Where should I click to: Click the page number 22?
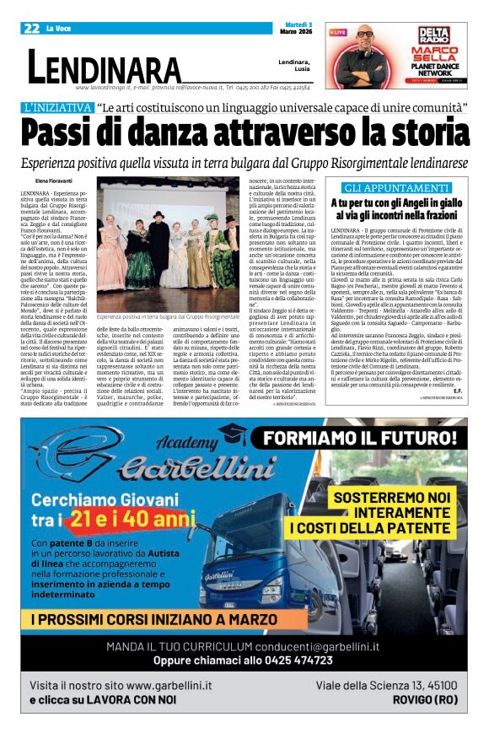31,28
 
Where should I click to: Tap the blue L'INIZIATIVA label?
57,108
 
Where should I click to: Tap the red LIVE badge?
337,32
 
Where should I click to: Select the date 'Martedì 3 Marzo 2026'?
296,28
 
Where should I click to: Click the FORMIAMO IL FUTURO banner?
362,440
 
